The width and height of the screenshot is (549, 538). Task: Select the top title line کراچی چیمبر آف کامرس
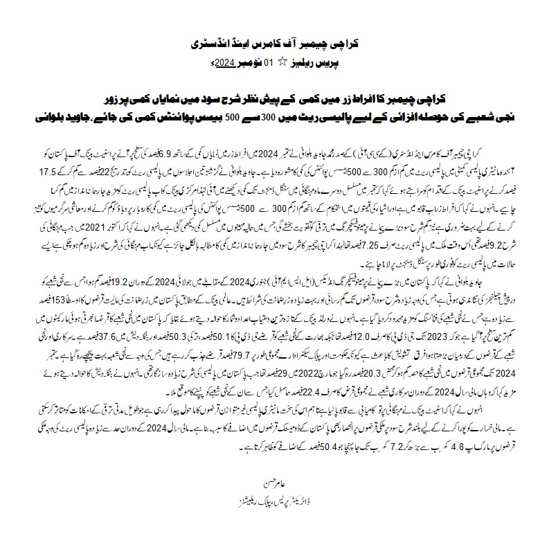coord(274,44)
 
